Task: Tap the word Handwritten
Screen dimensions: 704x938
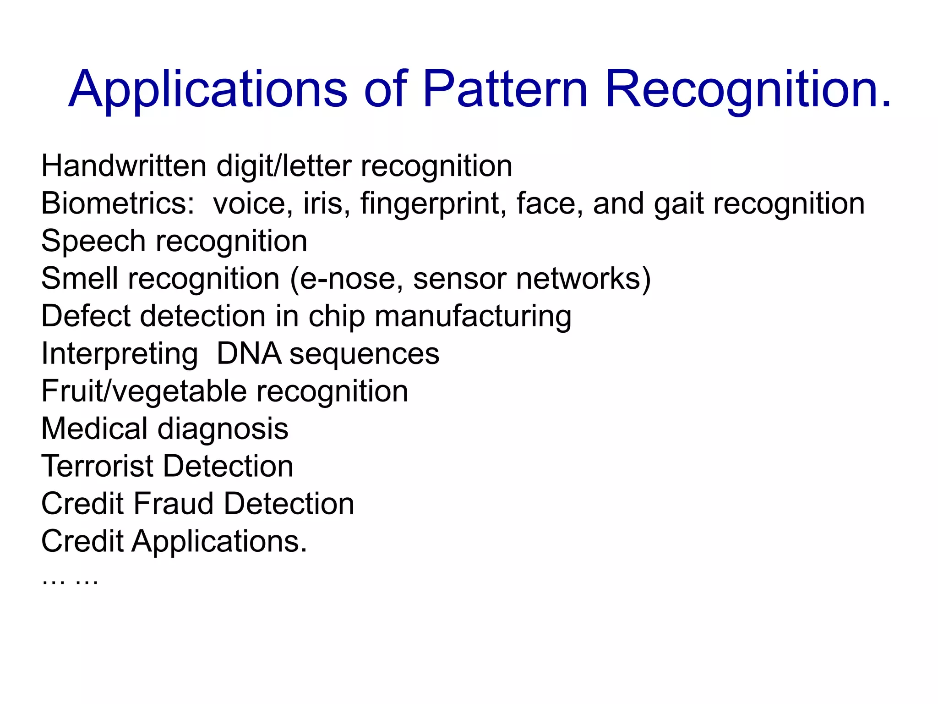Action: click(124, 166)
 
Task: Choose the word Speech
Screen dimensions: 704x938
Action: click(93, 242)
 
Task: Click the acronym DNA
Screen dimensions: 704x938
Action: click(249, 354)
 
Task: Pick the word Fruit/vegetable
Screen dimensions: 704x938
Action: click(144, 392)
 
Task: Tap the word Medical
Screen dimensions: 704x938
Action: click(94, 429)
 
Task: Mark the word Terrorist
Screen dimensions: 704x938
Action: click(97, 467)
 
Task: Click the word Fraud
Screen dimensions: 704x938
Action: click(174, 504)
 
